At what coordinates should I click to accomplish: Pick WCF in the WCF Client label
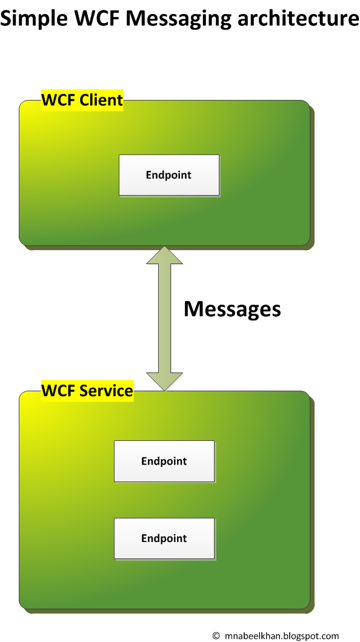59,100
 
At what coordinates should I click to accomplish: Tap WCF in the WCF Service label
59,391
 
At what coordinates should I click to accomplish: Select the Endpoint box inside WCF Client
168,175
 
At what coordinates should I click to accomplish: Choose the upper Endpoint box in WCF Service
164,461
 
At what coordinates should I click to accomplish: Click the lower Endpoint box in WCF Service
164,538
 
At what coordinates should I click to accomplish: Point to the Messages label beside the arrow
232,309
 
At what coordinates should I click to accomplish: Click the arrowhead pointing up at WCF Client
164,255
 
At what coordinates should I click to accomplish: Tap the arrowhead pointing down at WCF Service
164,380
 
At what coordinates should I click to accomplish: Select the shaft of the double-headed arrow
164,318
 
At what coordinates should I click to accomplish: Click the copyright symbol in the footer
216,635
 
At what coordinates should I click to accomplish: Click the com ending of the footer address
331,636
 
